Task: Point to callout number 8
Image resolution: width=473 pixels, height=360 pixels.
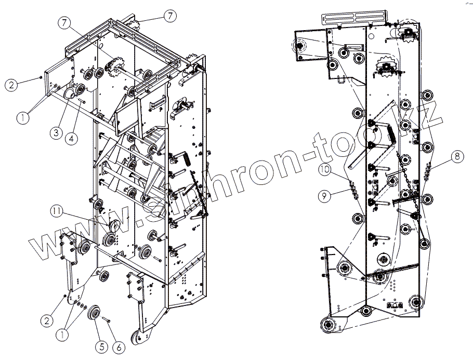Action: [x=455, y=155]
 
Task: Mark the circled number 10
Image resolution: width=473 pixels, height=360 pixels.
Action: [x=325, y=169]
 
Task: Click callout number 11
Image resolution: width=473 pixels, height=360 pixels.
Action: [x=56, y=210]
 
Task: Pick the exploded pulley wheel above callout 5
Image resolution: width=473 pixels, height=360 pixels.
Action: [x=95, y=314]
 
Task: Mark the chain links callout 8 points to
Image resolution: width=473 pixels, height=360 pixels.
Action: [x=428, y=169]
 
